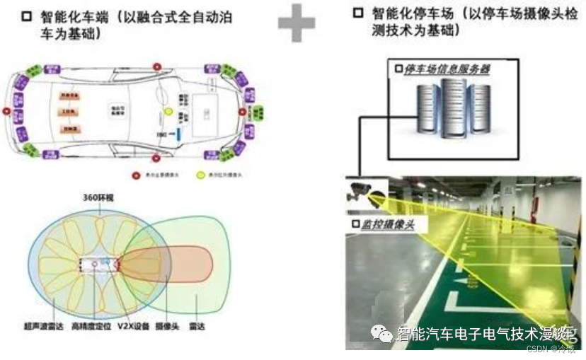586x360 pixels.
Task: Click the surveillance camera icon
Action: [365, 192]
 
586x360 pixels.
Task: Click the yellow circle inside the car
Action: [168, 112]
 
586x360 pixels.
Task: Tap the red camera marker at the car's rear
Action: [6, 112]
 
